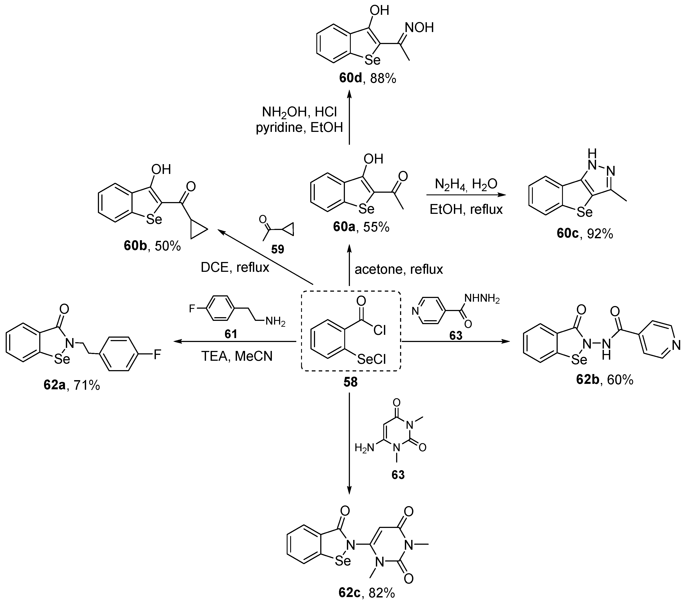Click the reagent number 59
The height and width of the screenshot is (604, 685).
coord(278,249)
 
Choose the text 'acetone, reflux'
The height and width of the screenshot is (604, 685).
coord(399,269)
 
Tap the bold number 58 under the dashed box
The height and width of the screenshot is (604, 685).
coord(351,382)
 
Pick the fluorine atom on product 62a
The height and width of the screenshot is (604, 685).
coord(157,354)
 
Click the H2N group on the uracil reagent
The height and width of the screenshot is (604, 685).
coord(365,448)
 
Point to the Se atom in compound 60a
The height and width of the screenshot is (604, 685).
coord(366,209)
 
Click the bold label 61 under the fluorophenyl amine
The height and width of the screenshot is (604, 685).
coord(231,334)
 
